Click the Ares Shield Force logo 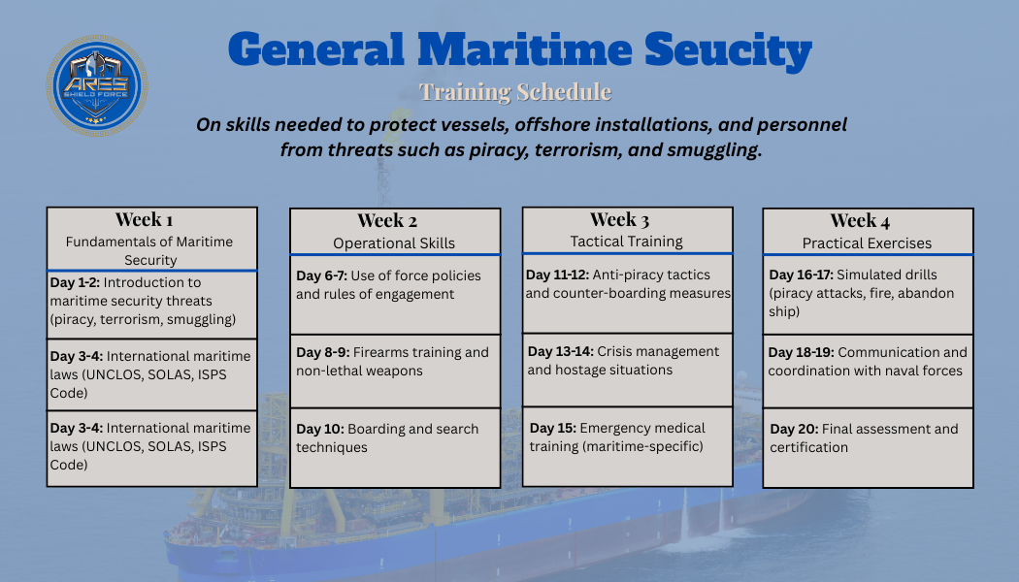pyautogui.click(x=97, y=85)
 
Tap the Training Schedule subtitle pyautogui.click(x=515, y=92)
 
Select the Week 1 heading pyautogui.click(x=145, y=219)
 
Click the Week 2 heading pyautogui.click(x=387, y=220)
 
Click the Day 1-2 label pyautogui.click(x=75, y=283)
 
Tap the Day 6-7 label pyautogui.click(x=321, y=275)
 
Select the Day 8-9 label pyautogui.click(x=322, y=352)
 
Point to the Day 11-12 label pyautogui.click(x=557, y=275)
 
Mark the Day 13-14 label pyautogui.click(x=560, y=351)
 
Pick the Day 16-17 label pyautogui.click(x=801, y=275)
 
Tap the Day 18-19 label pyautogui.click(x=801, y=352)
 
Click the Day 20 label pyautogui.click(x=794, y=429)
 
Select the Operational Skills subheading pyautogui.click(x=394, y=243)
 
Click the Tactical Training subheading pyautogui.click(x=627, y=242)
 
